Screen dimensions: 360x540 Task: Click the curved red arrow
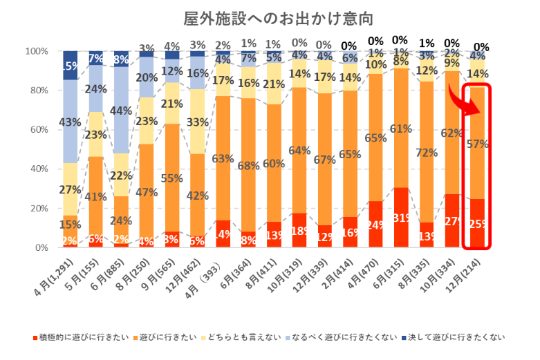click(x=457, y=103)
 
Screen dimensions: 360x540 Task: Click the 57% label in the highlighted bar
click(x=478, y=144)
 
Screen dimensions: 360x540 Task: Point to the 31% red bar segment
click(x=402, y=218)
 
